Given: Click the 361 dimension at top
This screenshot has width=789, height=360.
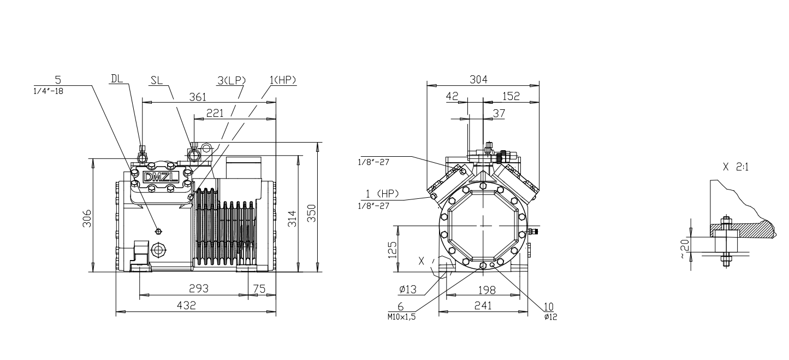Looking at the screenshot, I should tap(198, 97).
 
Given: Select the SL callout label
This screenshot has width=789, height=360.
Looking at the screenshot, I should tap(156, 80).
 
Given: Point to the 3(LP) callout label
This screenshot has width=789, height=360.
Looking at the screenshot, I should tap(232, 80).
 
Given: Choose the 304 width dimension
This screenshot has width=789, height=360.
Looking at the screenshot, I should tap(479, 79).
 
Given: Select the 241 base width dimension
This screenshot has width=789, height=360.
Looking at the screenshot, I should tap(483, 305).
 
